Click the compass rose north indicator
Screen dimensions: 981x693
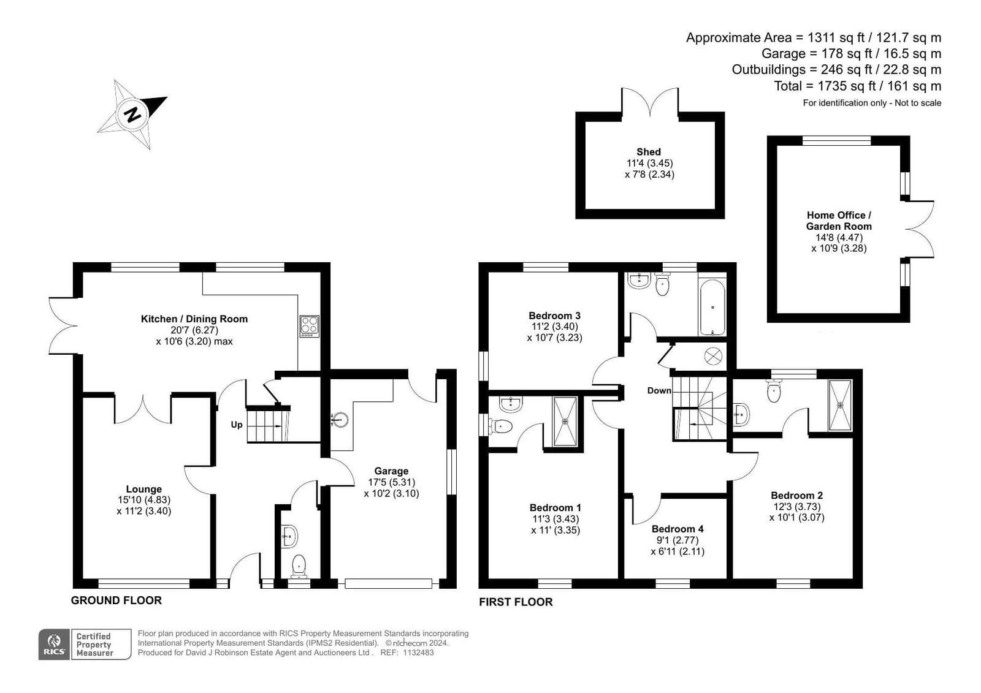click(132, 115)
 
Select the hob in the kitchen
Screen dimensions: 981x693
click(309, 327)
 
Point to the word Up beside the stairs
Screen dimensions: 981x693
click(237, 425)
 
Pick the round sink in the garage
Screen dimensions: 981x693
click(340, 420)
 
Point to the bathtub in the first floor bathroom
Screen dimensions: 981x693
click(712, 307)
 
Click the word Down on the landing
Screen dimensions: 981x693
click(659, 390)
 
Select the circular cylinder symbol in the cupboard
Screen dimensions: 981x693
click(713, 356)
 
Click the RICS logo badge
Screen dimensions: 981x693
click(54, 644)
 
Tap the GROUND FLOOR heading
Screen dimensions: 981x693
click(116, 600)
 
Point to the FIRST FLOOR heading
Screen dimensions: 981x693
click(516, 602)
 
